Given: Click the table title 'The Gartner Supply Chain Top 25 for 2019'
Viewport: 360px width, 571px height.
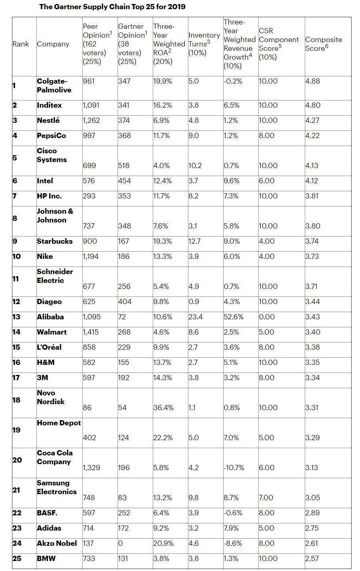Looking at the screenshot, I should point(112,7).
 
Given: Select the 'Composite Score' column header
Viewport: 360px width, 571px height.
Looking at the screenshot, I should point(323,44).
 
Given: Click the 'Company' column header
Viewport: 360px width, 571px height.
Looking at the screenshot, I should point(53,44).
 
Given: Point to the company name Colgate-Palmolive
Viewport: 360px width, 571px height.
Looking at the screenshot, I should point(54,85).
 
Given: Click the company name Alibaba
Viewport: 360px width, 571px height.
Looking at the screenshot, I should point(50,317).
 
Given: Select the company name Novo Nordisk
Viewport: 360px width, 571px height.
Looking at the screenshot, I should point(50,397).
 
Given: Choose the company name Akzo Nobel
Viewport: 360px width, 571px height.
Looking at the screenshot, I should point(57,543).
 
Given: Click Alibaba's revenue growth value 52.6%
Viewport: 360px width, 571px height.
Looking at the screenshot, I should point(234,317).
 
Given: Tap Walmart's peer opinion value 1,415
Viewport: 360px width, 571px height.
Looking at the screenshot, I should point(90,332).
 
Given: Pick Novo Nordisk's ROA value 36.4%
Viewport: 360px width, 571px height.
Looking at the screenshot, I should point(163,408).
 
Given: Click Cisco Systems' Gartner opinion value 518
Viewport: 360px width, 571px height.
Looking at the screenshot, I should point(124,166).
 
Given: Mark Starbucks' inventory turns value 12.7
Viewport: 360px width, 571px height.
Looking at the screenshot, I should point(194,241).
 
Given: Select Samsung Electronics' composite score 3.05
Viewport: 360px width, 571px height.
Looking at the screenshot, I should point(312,498).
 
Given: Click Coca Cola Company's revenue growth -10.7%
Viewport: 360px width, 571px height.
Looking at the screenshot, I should point(234,468).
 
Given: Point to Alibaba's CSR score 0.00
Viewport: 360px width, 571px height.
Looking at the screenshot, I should point(267,317).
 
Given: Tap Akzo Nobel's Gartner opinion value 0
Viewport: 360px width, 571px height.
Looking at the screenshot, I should point(120,543).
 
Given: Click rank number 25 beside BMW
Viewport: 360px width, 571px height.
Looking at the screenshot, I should point(17,558).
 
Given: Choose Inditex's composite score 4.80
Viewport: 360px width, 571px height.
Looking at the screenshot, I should point(312,105).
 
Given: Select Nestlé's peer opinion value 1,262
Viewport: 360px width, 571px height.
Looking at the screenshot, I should point(91,120).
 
